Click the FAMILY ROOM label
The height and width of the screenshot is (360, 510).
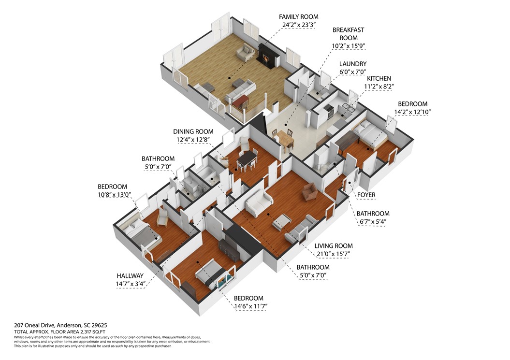pos(298,16)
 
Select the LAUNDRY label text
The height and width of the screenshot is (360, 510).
pos(353,64)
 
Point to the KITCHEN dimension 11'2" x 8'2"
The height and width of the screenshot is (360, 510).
pos(379,86)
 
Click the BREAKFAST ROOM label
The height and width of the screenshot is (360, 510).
pos(348,33)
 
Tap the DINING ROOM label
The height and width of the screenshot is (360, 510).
pos(193,131)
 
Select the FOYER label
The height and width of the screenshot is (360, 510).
pos(366,195)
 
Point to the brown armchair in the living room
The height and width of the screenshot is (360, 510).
pos(309,192)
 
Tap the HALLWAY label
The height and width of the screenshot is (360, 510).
pos(130,276)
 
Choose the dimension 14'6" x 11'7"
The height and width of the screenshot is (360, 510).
pos(251,306)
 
